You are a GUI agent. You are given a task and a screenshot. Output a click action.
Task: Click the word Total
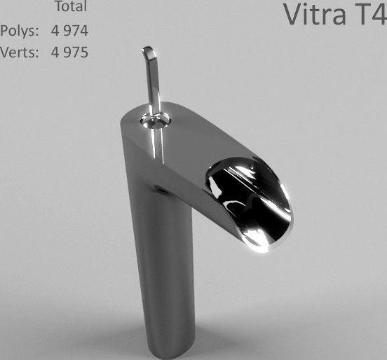(70, 7)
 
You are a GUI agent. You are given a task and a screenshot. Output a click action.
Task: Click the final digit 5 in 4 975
(84, 52)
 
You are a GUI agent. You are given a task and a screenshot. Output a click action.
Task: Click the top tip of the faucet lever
(148, 50)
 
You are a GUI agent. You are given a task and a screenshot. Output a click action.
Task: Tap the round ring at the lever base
(156, 120)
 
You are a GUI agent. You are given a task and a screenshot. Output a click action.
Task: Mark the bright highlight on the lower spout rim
(260, 242)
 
